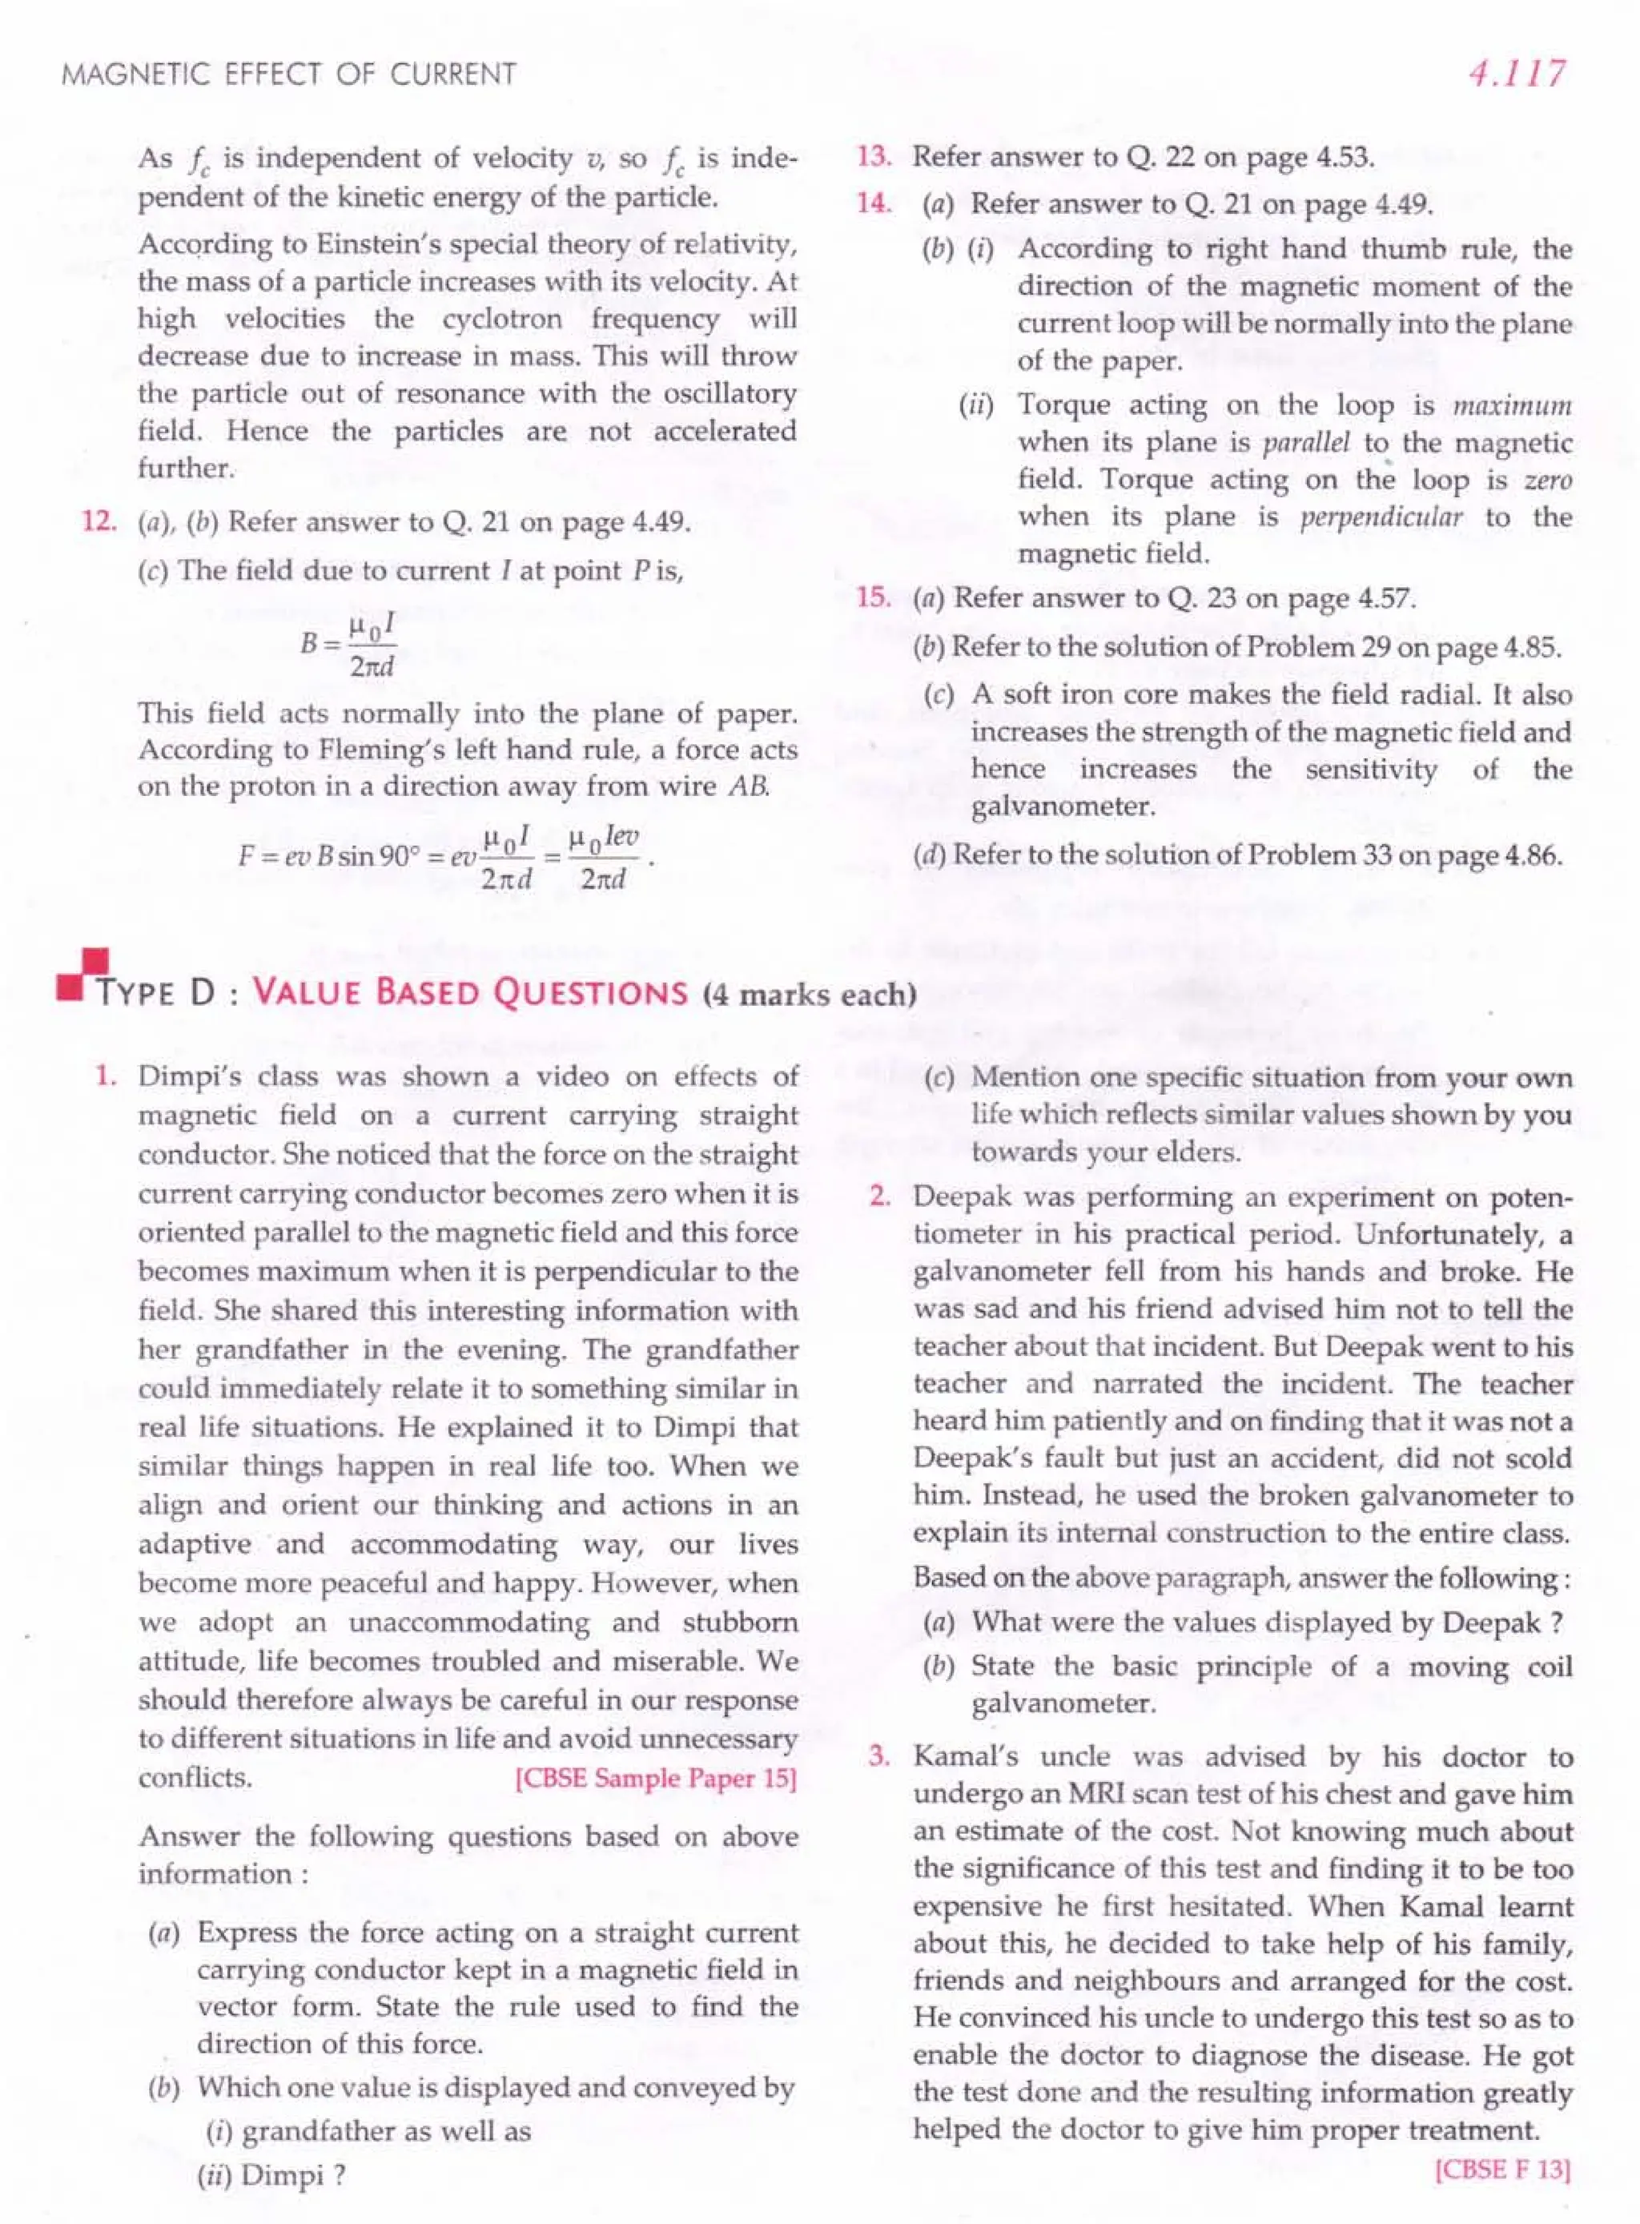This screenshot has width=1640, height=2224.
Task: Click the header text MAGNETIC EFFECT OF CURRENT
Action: point(289,75)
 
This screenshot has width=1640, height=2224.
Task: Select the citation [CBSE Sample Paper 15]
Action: point(656,1777)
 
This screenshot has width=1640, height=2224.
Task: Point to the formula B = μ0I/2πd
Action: point(348,646)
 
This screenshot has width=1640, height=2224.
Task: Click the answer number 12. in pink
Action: point(99,522)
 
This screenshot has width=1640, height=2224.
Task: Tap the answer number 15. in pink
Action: point(874,597)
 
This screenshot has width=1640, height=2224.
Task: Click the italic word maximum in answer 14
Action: point(1512,406)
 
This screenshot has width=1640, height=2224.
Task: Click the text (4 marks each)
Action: point(809,994)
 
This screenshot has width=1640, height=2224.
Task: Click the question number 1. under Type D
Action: point(107,1076)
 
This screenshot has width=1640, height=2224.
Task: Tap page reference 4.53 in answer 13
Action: point(1343,157)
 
